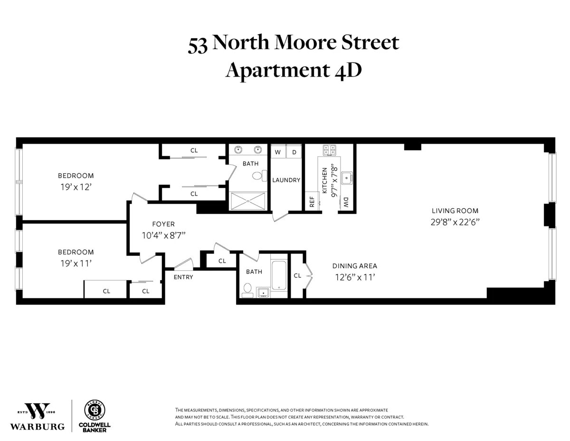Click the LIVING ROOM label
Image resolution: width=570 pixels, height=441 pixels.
[x=455, y=211]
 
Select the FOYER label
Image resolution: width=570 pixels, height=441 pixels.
[x=163, y=224]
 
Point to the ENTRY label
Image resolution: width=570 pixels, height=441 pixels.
[x=183, y=277]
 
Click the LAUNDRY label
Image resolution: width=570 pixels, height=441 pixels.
[x=286, y=180]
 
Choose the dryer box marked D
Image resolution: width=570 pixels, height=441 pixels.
[x=294, y=152]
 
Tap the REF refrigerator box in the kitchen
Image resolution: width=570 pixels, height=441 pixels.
[x=312, y=201]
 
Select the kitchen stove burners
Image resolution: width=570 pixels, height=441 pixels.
[x=330, y=150]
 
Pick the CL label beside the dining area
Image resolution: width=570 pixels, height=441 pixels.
[x=297, y=275]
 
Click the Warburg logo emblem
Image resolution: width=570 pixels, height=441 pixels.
[x=38, y=411]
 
